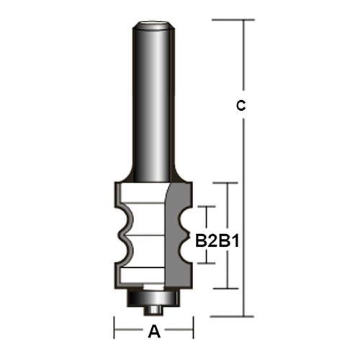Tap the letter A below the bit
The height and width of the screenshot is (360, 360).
tap(153, 332)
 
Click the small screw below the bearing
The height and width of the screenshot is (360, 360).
tap(152, 307)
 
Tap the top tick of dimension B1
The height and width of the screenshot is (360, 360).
tap(228, 183)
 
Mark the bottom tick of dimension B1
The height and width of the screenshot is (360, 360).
tap(228, 288)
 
